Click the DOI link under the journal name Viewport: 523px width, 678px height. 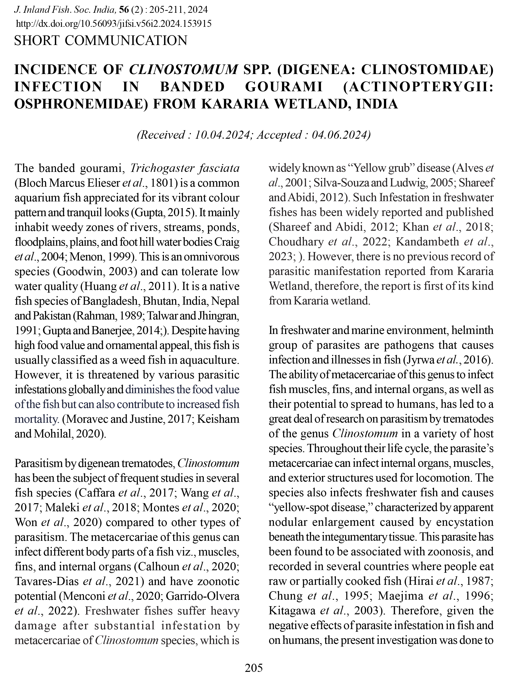[113, 24]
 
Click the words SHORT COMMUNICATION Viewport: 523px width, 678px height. [101, 41]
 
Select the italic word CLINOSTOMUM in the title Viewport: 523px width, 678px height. [183, 69]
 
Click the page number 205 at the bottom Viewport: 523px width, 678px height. [254, 667]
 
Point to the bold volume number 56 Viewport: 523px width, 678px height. [124, 10]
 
